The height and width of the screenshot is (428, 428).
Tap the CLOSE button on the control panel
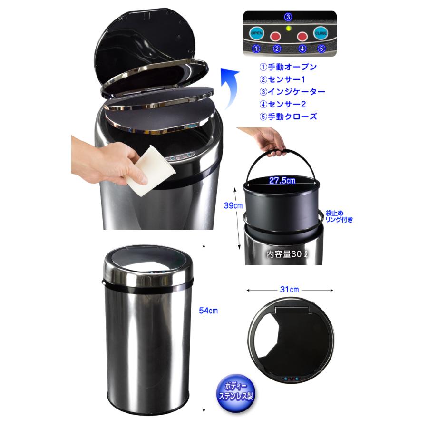321,33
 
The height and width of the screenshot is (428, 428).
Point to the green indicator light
288,29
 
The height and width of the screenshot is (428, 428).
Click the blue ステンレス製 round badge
235,391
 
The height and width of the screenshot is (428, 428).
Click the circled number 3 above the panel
288,17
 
